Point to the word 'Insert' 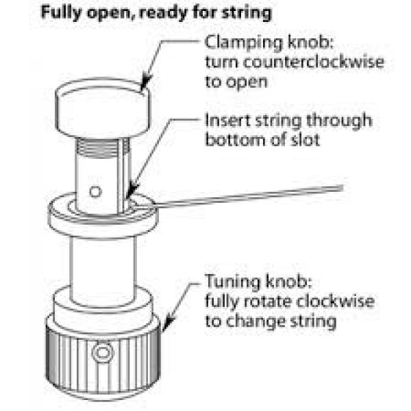pyautogui.click(x=225, y=121)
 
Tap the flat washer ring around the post pyautogui.click(x=103, y=217)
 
